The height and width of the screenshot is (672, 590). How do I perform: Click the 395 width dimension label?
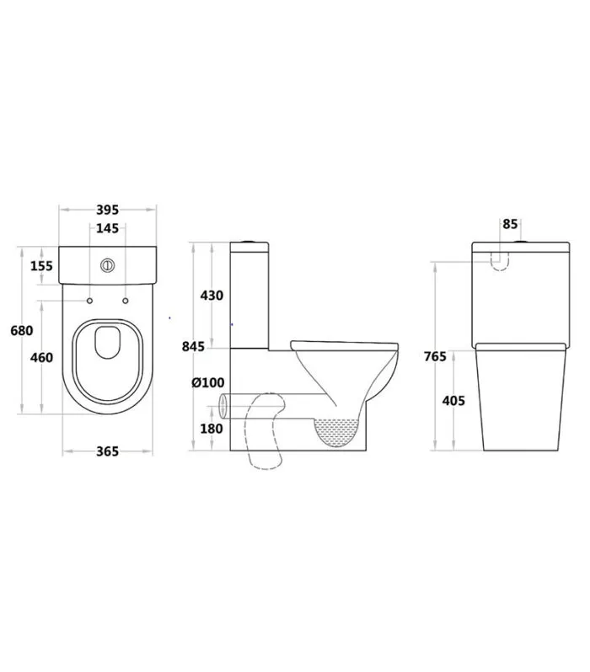107,210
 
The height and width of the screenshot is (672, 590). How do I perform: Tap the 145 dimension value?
107,228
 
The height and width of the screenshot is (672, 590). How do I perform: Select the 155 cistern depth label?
41,266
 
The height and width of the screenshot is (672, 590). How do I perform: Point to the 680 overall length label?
22,330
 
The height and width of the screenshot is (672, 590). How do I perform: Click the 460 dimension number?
41,357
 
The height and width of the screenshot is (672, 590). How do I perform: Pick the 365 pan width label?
107,451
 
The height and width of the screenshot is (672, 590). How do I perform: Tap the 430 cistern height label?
212,296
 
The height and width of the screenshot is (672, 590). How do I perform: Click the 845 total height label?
193,346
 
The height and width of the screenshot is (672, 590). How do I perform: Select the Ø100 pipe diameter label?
208,382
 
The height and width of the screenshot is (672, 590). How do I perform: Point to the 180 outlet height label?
212,429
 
